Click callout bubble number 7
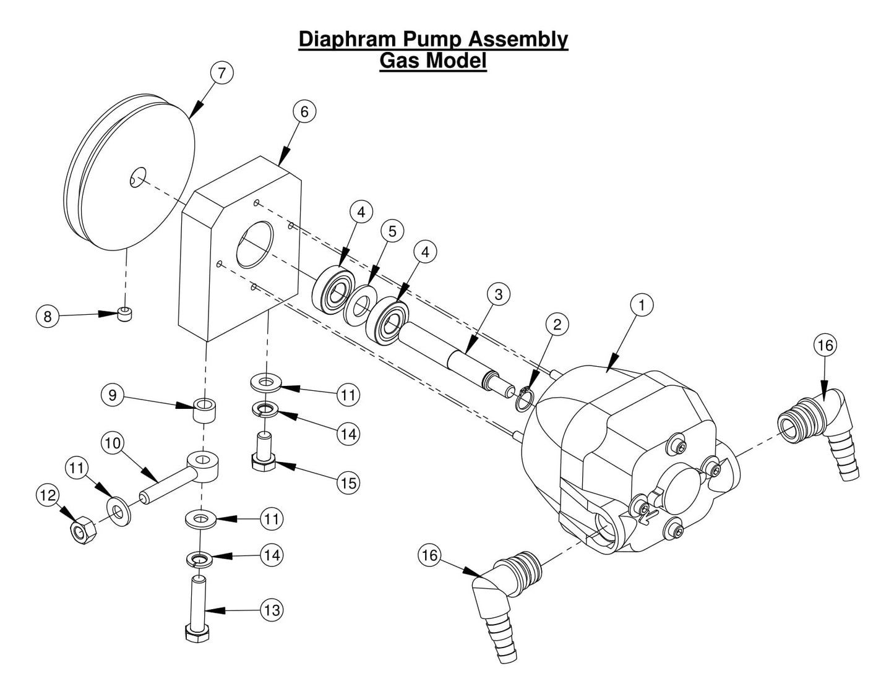point(221,72)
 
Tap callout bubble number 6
point(304,111)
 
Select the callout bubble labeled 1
point(642,305)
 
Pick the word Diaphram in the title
point(348,39)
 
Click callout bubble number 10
point(113,443)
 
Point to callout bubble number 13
point(272,610)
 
